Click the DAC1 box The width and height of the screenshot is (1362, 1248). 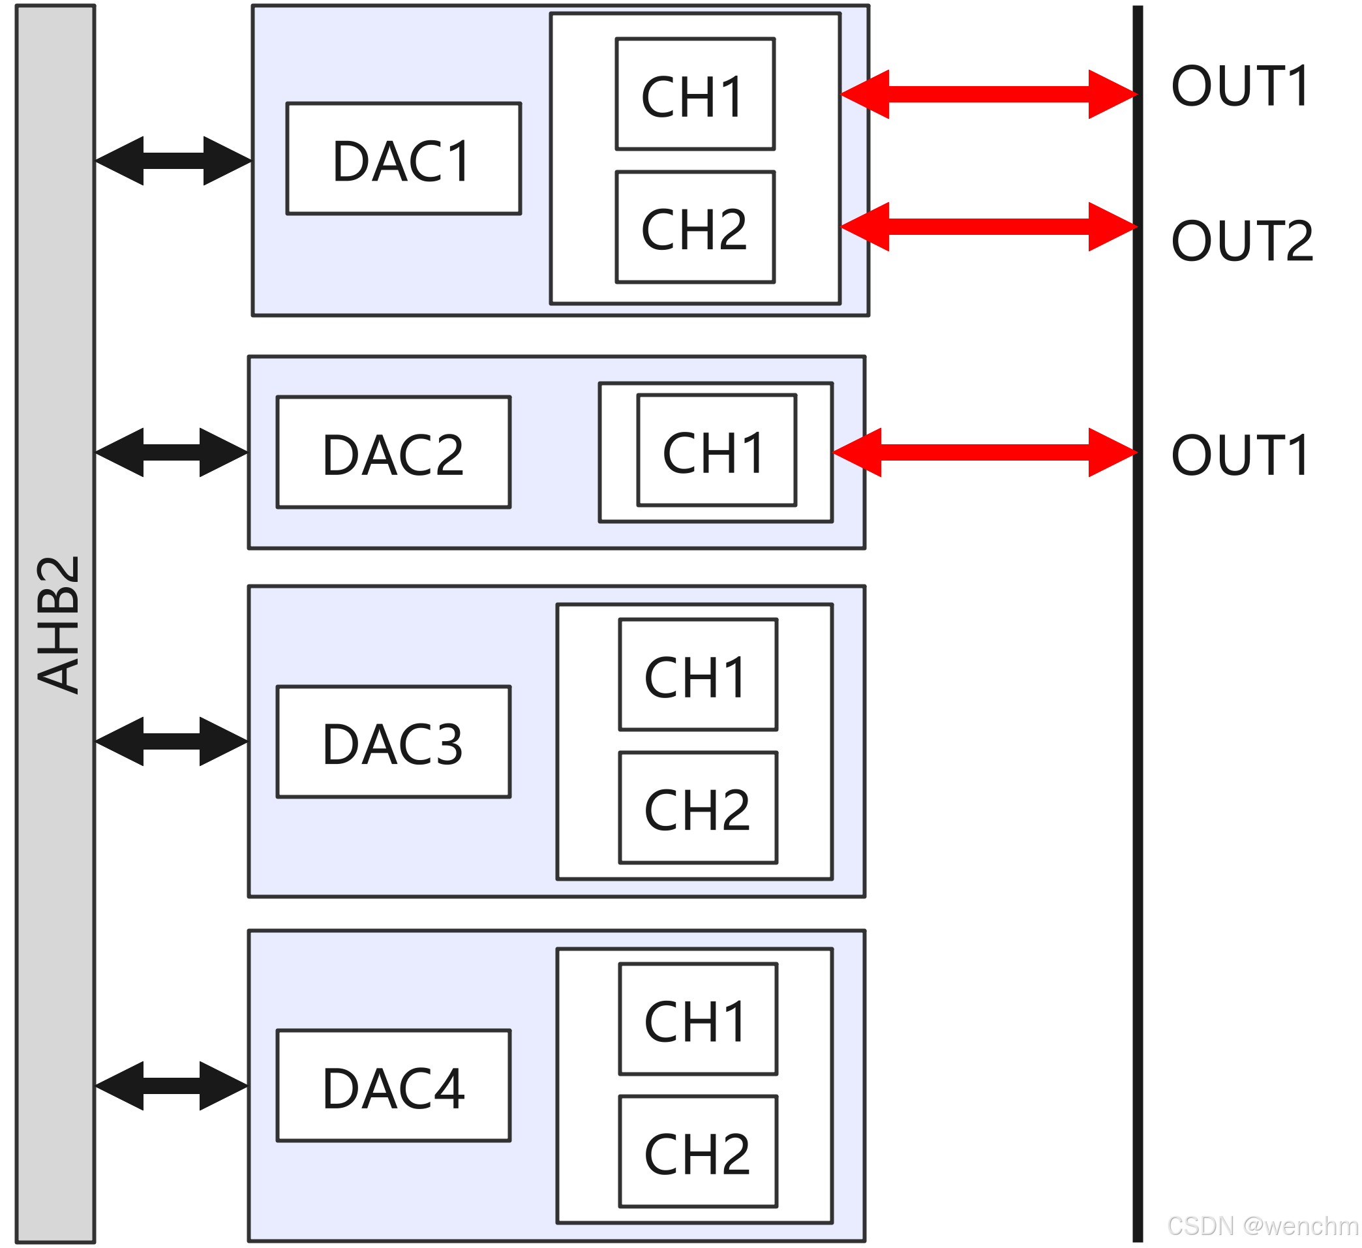pos(403,158)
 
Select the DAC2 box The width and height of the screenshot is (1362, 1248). pos(393,452)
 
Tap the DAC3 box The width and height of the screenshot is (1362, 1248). pos(393,742)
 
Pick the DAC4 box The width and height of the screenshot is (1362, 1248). pos(393,1086)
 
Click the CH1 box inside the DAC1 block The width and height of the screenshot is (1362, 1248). pos(695,94)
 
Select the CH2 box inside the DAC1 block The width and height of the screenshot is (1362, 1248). pos(695,227)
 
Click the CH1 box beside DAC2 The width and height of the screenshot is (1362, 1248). pos(716,450)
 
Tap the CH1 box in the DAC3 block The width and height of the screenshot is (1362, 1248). pos(698,675)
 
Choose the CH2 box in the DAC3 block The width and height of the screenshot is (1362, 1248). pos(698,808)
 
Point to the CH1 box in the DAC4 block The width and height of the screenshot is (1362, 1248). pos(698,1019)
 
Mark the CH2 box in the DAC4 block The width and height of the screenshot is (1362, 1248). pos(698,1152)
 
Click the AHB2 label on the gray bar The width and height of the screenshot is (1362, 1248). pos(58,624)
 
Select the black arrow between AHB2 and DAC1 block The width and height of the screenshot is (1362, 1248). pos(173,161)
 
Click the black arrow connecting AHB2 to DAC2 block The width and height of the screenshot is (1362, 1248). pos(172,452)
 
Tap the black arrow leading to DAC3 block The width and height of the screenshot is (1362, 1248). pos(172,742)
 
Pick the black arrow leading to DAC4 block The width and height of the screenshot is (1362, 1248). pos(172,1086)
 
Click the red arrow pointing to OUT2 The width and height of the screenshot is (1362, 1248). pos(988,226)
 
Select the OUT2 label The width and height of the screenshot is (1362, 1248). pos(1242,241)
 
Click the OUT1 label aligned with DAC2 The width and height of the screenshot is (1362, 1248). pos(1241,455)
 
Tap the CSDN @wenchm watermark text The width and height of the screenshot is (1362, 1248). pos(1262,1226)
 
